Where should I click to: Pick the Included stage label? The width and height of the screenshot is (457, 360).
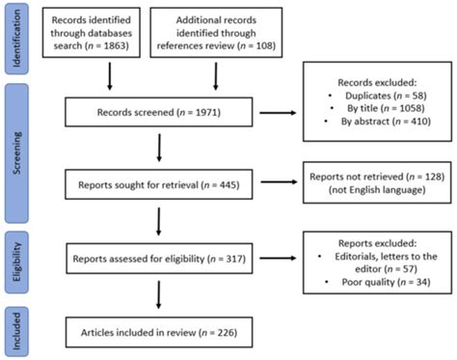[x=15, y=331]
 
